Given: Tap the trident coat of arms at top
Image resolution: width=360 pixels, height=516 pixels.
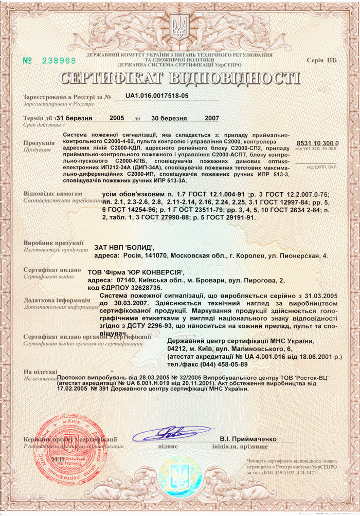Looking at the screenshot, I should point(179,28).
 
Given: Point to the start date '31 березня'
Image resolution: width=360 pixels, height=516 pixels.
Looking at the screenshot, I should point(74,118).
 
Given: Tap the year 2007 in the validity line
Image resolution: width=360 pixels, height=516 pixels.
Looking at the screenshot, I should point(212,118).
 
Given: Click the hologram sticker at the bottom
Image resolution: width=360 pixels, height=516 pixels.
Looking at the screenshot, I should point(179,473).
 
